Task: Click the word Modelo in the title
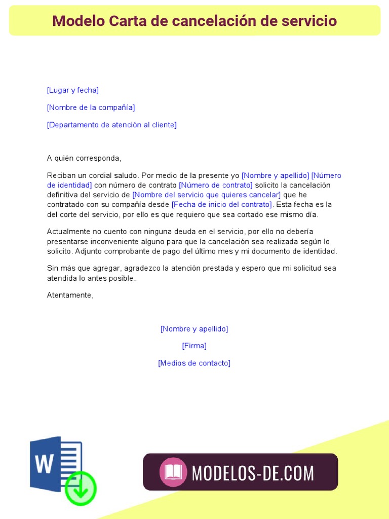(x=76, y=21)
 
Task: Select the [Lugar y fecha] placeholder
(x=72, y=90)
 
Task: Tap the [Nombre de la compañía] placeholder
(x=91, y=107)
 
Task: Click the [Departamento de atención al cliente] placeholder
(x=111, y=125)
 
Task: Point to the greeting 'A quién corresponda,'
(x=84, y=158)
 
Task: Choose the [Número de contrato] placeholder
(x=215, y=185)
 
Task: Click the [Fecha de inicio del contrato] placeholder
(x=222, y=204)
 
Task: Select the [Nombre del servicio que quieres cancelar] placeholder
(x=206, y=195)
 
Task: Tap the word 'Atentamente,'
(x=70, y=295)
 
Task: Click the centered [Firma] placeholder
(x=194, y=346)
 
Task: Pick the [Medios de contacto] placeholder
(x=194, y=363)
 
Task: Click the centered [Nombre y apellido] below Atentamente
(x=194, y=329)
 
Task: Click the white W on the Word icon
(x=45, y=463)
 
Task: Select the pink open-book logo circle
(x=173, y=472)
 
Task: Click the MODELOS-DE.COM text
(x=253, y=473)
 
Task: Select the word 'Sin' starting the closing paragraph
(x=53, y=268)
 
